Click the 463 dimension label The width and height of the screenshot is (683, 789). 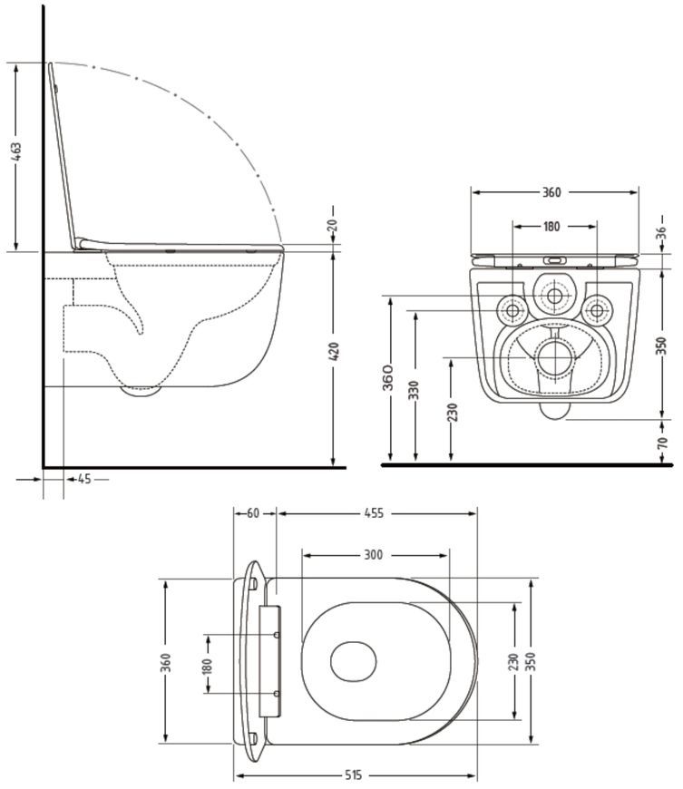coord(17,152)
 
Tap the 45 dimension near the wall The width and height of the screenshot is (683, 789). coord(84,480)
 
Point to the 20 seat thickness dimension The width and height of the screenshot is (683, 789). coord(333,226)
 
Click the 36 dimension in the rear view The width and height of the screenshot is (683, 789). coord(662,232)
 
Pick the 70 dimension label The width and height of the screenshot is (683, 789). coord(663,443)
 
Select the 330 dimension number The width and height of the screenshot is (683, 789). coord(414,390)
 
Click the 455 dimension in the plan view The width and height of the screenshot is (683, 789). coord(374,513)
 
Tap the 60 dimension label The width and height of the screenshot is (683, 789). coord(253,513)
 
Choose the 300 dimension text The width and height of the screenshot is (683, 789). coord(373,555)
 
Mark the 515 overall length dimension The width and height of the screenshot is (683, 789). coord(353,775)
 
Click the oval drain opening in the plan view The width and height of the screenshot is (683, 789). coord(354,662)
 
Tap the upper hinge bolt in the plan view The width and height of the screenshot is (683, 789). coord(277,635)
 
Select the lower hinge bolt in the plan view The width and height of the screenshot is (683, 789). coord(277,694)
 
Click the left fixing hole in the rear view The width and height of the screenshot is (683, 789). coord(512,310)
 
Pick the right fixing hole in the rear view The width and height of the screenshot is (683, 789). coord(597,310)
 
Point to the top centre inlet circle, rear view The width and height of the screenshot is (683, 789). coord(555,296)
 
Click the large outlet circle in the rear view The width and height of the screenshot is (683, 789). coord(555,357)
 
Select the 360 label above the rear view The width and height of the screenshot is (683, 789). coord(551,192)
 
